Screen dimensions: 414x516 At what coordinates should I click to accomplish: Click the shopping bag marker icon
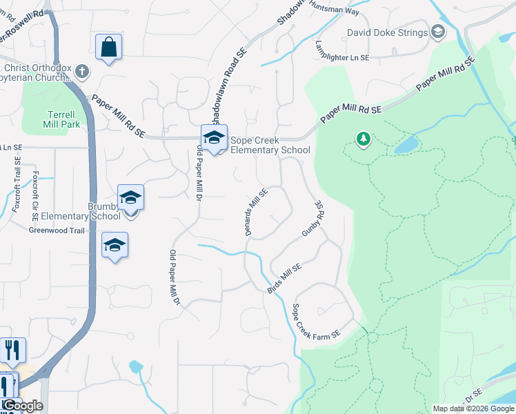(x=108, y=48)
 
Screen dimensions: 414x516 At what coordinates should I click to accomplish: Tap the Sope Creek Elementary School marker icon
(x=214, y=138)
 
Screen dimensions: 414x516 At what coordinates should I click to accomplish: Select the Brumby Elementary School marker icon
(x=130, y=199)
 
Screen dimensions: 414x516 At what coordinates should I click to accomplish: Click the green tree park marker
(x=363, y=139)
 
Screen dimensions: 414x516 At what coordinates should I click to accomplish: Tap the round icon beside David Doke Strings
(x=437, y=32)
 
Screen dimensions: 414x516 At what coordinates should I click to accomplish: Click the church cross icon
(x=82, y=71)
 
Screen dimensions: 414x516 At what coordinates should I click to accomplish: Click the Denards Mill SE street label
(x=257, y=213)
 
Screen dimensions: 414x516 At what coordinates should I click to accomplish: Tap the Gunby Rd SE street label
(x=314, y=220)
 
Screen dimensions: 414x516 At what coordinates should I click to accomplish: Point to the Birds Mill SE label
(x=285, y=278)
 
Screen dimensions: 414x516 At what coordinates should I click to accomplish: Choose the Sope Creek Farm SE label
(x=317, y=321)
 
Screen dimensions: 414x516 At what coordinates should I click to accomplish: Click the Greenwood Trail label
(x=57, y=230)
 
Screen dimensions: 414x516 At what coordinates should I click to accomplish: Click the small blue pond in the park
(x=406, y=144)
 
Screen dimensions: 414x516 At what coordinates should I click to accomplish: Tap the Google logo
(x=22, y=406)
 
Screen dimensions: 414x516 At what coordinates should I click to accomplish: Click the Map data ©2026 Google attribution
(x=473, y=408)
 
